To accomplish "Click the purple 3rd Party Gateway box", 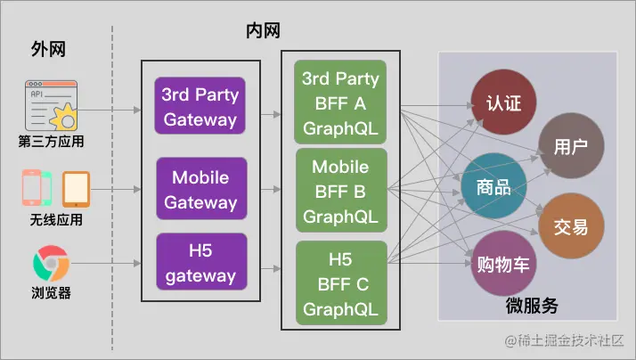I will point(200,106).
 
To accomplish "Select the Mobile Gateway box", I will point(200,189).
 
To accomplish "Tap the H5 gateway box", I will point(200,262).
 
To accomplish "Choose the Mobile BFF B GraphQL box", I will point(341,191).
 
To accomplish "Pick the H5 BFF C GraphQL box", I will point(341,284).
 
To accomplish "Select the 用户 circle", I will point(570,145).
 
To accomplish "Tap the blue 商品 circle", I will point(493,187).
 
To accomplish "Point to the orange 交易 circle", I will point(570,226).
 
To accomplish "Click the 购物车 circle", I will point(503,264).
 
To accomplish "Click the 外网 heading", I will point(48,49).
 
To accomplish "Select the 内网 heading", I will point(263,31).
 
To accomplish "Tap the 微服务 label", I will point(532,306).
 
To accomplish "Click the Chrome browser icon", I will point(51,265).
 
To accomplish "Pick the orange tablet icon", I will point(77,189).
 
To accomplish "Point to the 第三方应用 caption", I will point(50,140).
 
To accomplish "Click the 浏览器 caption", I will point(50,293).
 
